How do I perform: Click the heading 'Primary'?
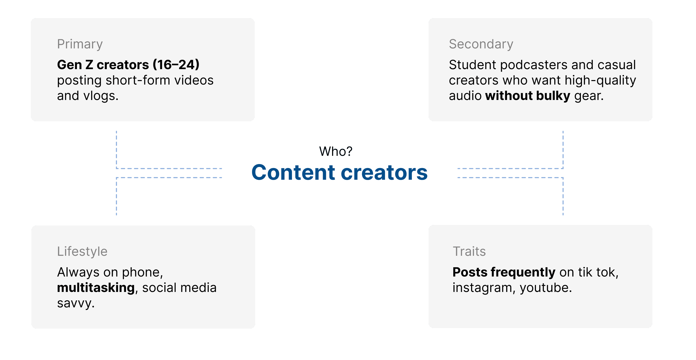[80, 44]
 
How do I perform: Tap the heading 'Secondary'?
[481, 44]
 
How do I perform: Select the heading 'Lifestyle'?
[82, 251]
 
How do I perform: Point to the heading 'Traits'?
[469, 251]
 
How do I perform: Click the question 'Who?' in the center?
[336, 151]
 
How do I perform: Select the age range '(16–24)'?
[176, 65]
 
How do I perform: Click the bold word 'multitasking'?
[96, 288]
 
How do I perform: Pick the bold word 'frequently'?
[523, 272]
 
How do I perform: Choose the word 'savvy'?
[74, 303]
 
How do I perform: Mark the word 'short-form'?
[138, 80]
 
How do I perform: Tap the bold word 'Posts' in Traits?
[470, 272]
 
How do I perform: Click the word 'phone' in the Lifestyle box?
[141, 272]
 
